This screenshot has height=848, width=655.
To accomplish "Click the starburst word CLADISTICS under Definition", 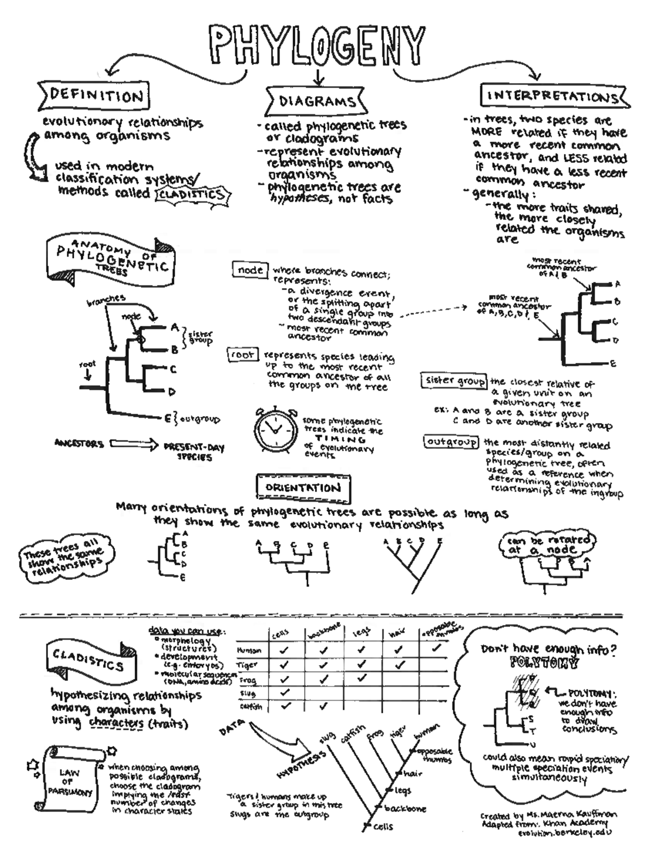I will coord(190,194).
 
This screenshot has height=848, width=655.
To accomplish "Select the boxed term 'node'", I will coord(250,270).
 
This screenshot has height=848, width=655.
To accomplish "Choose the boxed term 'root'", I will coord(242,355).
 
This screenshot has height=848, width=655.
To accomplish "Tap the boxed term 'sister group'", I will coord(454,381).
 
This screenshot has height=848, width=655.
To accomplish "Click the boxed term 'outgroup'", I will coord(451,441).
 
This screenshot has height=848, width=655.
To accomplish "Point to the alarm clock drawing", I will coord(275,429).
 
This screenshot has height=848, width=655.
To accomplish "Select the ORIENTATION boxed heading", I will coord(303,488).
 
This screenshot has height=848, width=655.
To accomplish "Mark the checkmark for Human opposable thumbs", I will coord(436,649).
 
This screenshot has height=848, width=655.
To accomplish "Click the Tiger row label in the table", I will coord(247,665).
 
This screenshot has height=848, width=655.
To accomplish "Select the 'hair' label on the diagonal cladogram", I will coord(410,773).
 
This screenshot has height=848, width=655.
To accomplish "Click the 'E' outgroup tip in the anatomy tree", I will coord(168,419).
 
